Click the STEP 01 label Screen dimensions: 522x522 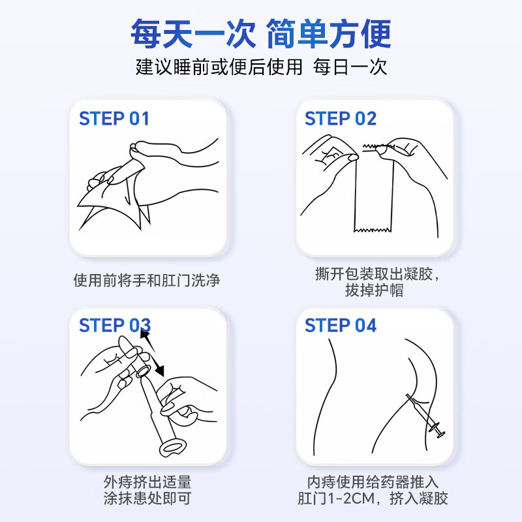click(114, 119)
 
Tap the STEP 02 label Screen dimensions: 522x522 click(340, 119)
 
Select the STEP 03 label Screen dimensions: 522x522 click(115, 325)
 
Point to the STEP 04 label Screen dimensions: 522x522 click(340, 325)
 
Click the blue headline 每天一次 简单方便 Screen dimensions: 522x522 click(261, 34)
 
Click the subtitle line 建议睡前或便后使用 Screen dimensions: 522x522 click(219, 67)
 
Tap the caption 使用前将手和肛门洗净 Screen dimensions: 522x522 click(146, 280)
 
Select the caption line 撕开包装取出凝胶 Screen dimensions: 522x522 click(374, 274)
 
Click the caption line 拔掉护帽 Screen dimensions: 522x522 click(374, 290)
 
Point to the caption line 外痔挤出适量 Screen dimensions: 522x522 click(147, 482)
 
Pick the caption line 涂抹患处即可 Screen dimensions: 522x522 click(147, 498)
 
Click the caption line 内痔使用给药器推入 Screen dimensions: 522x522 click(373, 482)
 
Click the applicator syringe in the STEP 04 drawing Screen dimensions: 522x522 click(425, 416)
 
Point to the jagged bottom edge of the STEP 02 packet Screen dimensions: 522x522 click(373, 230)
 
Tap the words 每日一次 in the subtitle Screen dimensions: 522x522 click(350, 67)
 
